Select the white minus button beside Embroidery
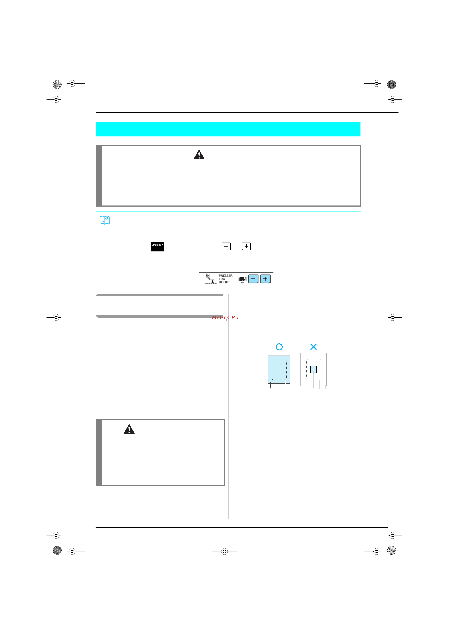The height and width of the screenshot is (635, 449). click(x=226, y=246)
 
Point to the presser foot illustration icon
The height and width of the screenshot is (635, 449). click(x=210, y=279)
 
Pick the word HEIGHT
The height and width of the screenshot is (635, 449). click(x=224, y=282)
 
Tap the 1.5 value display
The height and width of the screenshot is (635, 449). click(x=242, y=279)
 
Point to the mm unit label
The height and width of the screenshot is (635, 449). click(x=243, y=282)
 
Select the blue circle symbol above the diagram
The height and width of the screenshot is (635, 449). click(x=279, y=347)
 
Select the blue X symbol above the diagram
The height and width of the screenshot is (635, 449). click(x=313, y=347)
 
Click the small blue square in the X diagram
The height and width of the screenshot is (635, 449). click(x=313, y=370)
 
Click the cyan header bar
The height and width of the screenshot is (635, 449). click(x=228, y=129)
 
